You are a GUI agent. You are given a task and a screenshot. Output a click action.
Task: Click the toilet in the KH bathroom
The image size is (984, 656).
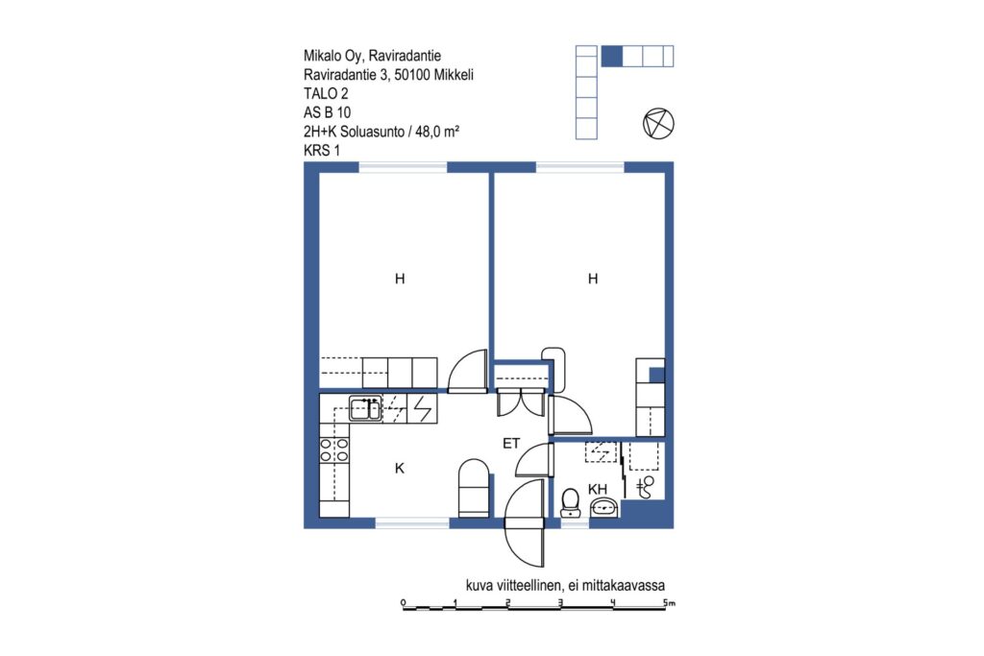[570, 503]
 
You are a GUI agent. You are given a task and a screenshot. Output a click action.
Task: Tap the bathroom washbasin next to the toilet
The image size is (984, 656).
[603, 507]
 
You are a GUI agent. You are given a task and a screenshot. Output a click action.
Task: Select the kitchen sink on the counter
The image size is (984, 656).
[365, 409]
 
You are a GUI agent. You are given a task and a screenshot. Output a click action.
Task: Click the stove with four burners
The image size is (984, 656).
[333, 450]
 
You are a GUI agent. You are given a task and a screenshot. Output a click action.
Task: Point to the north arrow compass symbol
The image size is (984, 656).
[658, 123]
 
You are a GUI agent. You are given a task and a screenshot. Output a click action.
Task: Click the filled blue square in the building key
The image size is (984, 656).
[612, 56]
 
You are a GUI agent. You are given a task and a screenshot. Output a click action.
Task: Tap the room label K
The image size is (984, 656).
[400, 468]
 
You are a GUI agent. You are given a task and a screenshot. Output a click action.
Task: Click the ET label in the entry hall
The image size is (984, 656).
[511, 444]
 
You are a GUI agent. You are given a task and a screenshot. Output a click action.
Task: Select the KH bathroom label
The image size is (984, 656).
[598, 489]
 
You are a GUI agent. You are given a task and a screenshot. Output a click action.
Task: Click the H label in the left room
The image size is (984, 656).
[400, 279]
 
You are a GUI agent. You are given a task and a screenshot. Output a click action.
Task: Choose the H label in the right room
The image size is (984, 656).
[592, 279]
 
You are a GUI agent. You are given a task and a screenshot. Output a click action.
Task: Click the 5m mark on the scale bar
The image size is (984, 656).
[669, 602]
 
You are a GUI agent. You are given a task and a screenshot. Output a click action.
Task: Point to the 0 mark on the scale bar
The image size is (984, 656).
[404, 602]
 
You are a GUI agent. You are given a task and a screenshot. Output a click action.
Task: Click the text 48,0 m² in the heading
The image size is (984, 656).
[437, 132]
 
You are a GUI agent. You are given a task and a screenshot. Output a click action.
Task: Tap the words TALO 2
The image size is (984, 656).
[326, 94]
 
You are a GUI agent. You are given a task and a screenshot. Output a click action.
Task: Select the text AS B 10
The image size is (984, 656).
[327, 113]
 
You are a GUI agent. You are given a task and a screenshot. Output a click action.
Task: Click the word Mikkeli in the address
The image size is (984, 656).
[454, 75]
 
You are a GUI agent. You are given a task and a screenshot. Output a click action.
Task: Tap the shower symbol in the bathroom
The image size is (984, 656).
[645, 487]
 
